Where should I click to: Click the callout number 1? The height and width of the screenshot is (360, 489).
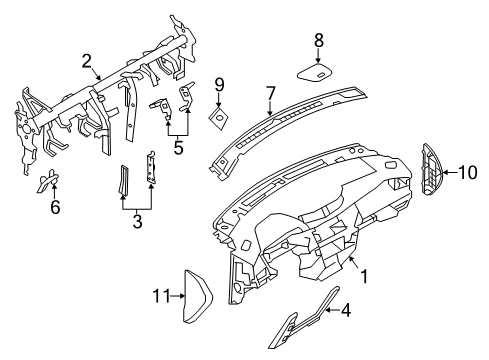pyautogui.click(x=365, y=276)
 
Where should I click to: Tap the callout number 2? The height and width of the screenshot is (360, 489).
pyautogui.click(x=87, y=62)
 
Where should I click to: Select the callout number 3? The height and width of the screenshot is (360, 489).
pyautogui.click(x=137, y=222)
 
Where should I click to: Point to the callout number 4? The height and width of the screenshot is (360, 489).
pyautogui.click(x=346, y=310)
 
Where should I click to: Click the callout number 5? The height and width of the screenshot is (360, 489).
pyautogui.click(x=179, y=148)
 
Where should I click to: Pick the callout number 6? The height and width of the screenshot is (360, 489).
pyautogui.click(x=55, y=207)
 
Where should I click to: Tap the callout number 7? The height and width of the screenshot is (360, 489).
pyautogui.click(x=270, y=93)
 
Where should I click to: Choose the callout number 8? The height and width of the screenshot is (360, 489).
pyautogui.click(x=319, y=40)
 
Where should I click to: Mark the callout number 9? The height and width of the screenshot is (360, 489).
pyautogui.click(x=219, y=85)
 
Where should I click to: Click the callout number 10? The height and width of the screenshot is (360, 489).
pyautogui.click(x=468, y=172)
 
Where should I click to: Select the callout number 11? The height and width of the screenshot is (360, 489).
pyautogui.click(x=162, y=296)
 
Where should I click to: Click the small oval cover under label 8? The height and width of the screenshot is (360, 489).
pyautogui.click(x=315, y=72)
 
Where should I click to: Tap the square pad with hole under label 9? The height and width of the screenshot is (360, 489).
pyautogui.click(x=219, y=118)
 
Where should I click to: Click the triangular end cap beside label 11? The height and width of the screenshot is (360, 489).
pyautogui.click(x=198, y=296)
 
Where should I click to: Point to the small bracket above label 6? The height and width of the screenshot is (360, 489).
pyautogui.click(x=48, y=180)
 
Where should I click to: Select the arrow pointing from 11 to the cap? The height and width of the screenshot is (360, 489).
pyautogui.click(x=178, y=296)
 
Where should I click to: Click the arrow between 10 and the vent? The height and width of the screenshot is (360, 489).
pyautogui.click(x=450, y=172)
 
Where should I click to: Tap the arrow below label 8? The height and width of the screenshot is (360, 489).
pyautogui.click(x=319, y=55)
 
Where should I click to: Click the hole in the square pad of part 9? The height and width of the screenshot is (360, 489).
pyautogui.click(x=220, y=117)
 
